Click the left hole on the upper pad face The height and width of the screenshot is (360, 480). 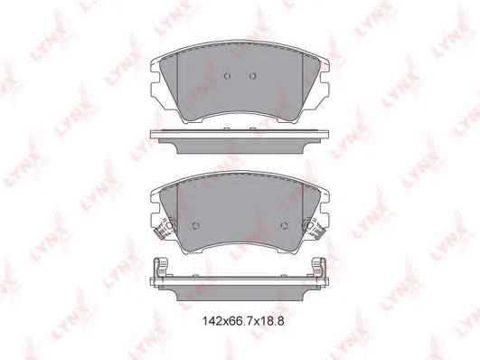point(227,76)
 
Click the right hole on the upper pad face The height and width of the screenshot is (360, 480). point(252,76)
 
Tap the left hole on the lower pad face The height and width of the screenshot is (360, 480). point(196,226)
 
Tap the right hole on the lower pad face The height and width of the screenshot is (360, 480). point(285,226)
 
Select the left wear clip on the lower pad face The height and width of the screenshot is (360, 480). point(165,228)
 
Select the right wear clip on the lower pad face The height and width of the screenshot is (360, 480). point(314,228)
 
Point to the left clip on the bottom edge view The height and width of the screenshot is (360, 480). point(161,268)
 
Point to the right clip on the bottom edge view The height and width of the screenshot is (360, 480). point(318,268)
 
